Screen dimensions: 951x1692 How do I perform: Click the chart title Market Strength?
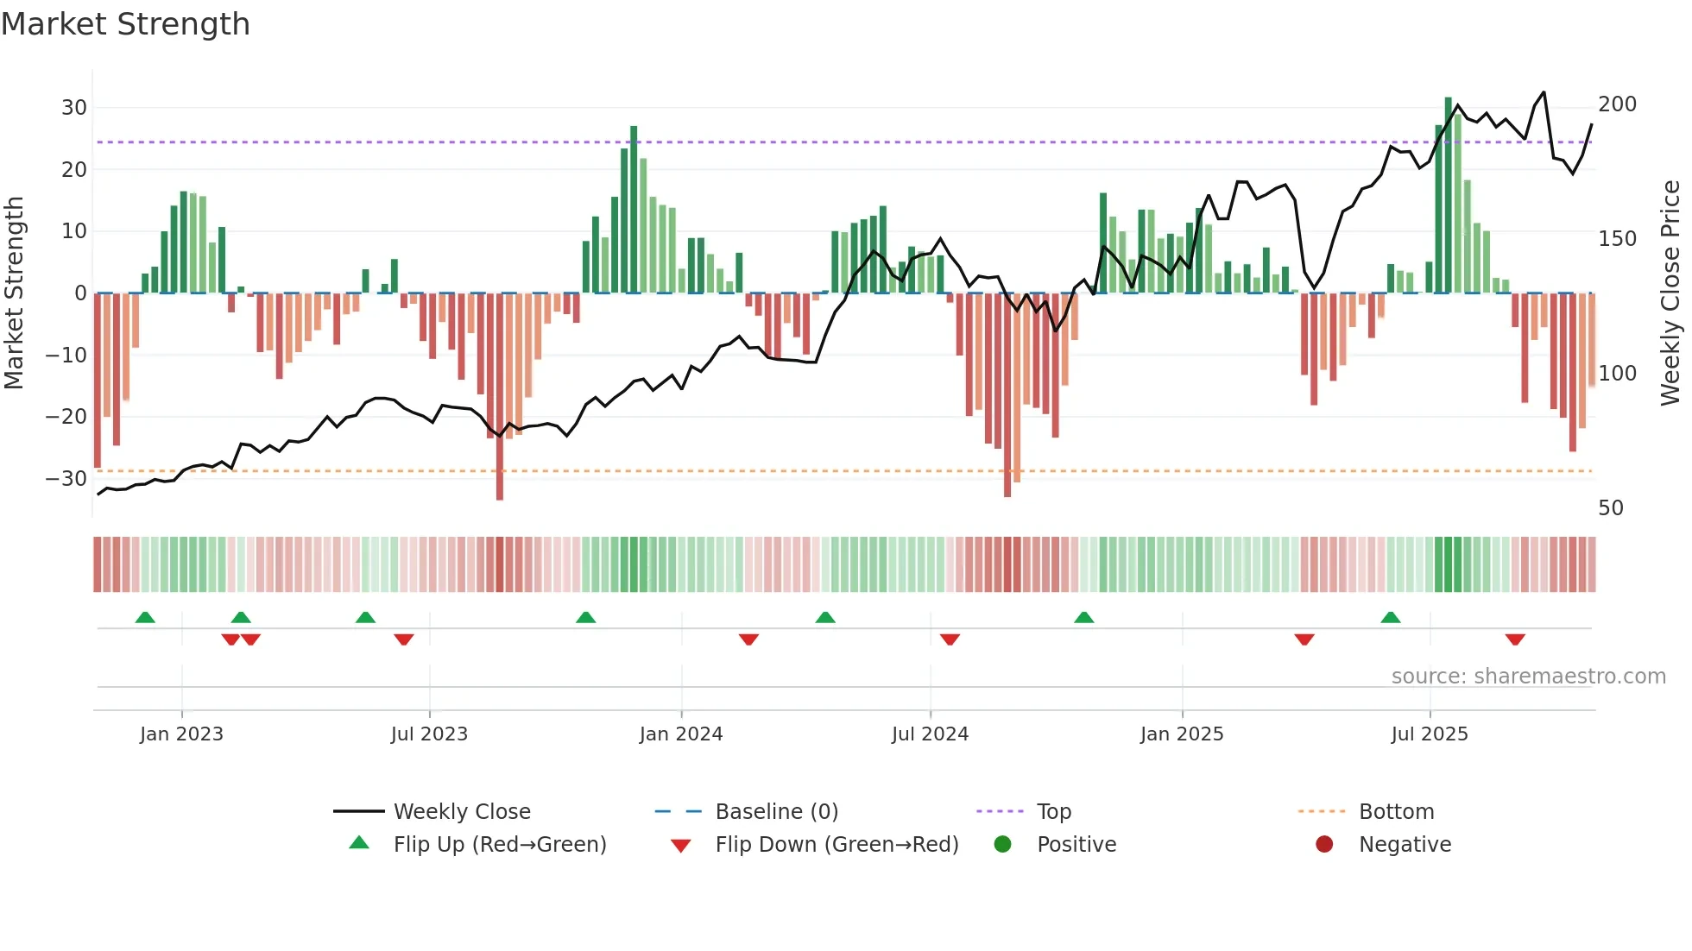(125, 24)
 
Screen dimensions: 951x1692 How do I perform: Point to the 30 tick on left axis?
(74, 108)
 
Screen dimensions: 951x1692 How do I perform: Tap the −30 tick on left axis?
(67, 478)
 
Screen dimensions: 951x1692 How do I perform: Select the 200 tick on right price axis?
(1617, 104)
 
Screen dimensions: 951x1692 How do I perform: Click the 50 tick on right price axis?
(1611, 507)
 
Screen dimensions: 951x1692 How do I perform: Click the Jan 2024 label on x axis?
(680, 734)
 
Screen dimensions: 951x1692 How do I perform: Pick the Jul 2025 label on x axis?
(1429, 734)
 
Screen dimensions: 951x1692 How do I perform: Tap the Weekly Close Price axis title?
(1670, 293)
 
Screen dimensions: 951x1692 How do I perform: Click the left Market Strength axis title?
(14, 293)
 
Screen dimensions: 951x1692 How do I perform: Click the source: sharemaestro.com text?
(1528, 677)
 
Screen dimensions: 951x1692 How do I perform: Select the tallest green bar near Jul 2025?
(1449, 194)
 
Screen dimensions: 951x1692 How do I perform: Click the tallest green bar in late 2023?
(634, 209)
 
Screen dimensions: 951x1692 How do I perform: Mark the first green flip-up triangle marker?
(145, 618)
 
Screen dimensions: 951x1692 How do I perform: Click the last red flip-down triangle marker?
(1514, 639)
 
